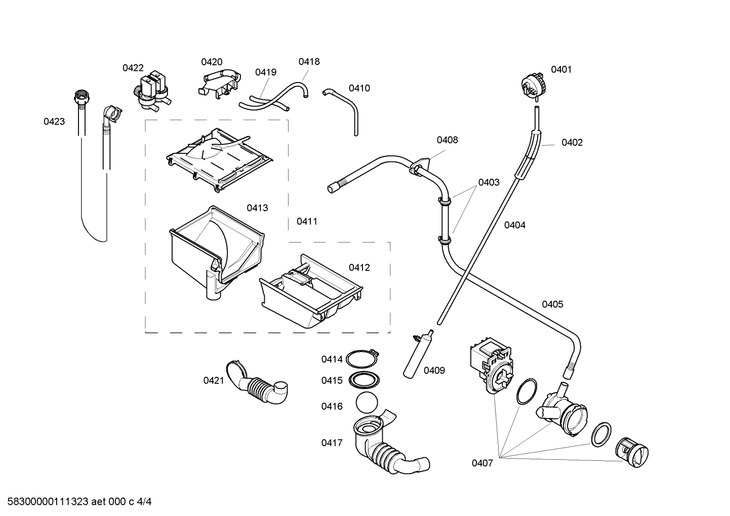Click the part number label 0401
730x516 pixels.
(x=560, y=69)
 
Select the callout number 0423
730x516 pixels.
(x=54, y=122)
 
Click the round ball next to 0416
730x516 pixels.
(x=367, y=404)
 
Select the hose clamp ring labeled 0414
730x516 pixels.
(x=363, y=359)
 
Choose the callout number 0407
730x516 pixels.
(x=482, y=463)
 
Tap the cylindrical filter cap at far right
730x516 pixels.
(x=632, y=452)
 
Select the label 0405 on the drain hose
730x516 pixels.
(x=552, y=304)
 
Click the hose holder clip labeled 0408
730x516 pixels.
(x=420, y=167)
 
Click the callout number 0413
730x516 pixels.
(x=257, y=208)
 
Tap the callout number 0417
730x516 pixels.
(x=332, y=443)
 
